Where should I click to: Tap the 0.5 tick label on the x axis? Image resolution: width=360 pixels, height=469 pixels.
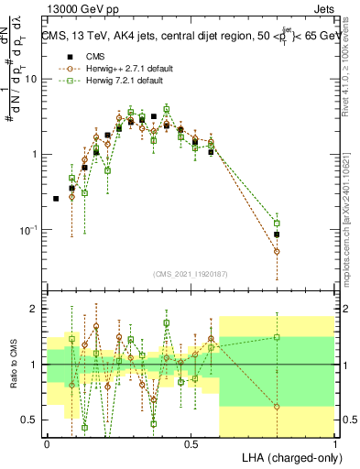[x=191, y=444]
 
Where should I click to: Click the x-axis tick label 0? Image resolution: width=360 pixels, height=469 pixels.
[x=47, y=444]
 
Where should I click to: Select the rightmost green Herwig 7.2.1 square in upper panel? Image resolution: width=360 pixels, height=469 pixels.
[x=277, y=224]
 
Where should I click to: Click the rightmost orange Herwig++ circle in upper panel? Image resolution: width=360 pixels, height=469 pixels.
[x=277, y=251]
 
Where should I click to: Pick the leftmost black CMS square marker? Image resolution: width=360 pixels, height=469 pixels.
[x=56, y=198]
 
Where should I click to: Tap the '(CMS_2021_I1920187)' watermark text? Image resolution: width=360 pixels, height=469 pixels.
[x=191, y=273]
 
